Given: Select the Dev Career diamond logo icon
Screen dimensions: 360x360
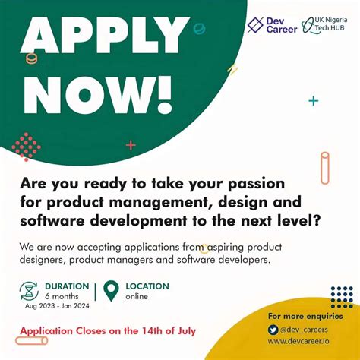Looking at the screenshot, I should [255, 24].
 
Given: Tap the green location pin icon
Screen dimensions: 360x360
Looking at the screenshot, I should [112, 291].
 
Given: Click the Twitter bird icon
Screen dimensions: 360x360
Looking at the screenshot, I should [273, 330].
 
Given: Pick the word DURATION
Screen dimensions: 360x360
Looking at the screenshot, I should [67, 286].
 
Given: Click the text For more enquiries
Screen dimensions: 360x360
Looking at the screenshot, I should [305, 315].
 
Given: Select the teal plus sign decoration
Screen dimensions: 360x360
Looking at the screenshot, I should [313, 100].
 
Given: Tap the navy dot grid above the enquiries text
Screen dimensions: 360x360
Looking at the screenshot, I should [342, 296].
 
